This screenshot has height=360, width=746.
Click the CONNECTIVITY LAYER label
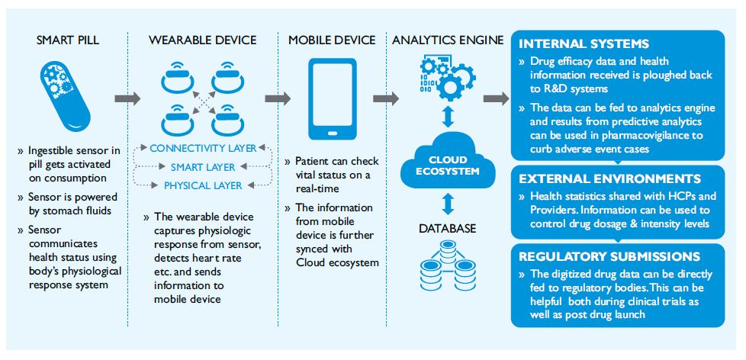(x=203, y=148)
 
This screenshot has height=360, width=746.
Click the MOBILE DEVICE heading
(x=333, y=38)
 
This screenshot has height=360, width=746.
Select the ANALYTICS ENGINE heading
(x=448, y=38)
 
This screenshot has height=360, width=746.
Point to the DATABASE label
(x=448, y=228)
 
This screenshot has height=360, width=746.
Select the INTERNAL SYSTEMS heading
(x=584, y=43)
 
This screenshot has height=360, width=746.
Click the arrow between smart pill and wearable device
(x=127, y=98)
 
